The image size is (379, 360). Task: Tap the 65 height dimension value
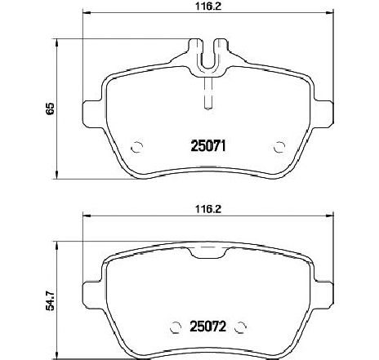(x=29, y=109)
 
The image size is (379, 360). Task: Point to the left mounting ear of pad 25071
(x=91, y=108)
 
